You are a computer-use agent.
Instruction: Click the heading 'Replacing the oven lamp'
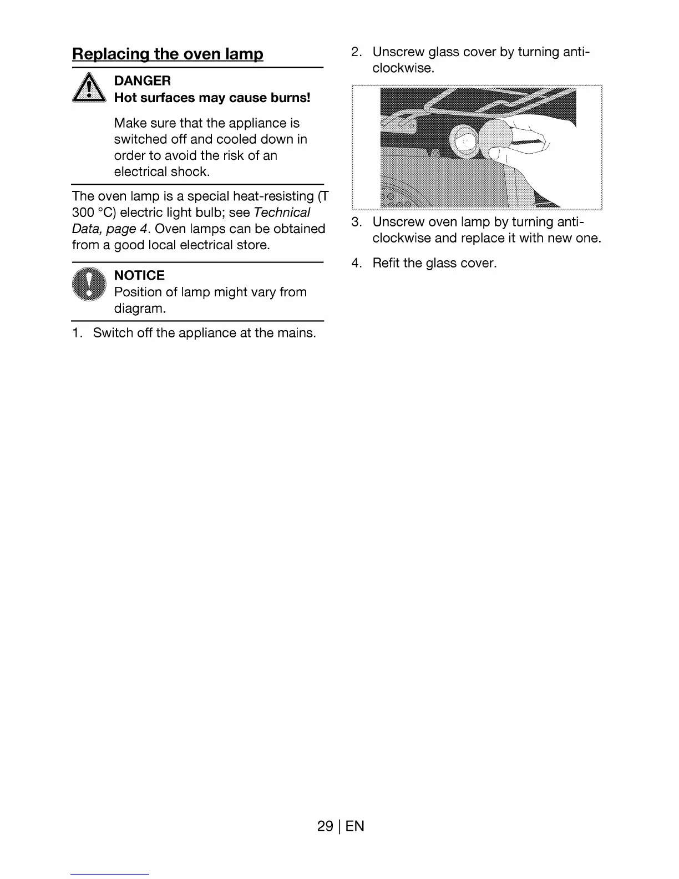[168, 54]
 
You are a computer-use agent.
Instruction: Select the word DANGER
[142, 81]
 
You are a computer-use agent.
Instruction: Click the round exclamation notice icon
[89, 284]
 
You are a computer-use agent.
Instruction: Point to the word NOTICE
[139, 276]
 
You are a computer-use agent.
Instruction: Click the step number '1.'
[77, 334]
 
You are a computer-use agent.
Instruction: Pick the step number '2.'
[357, 52]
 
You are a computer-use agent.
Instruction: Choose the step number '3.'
[357, 223]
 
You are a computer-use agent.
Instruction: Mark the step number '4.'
[357, 264]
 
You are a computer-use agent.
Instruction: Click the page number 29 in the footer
[325, 826]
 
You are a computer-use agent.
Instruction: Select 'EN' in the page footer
[355, 826]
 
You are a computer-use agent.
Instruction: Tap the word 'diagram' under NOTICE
[139, 309]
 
